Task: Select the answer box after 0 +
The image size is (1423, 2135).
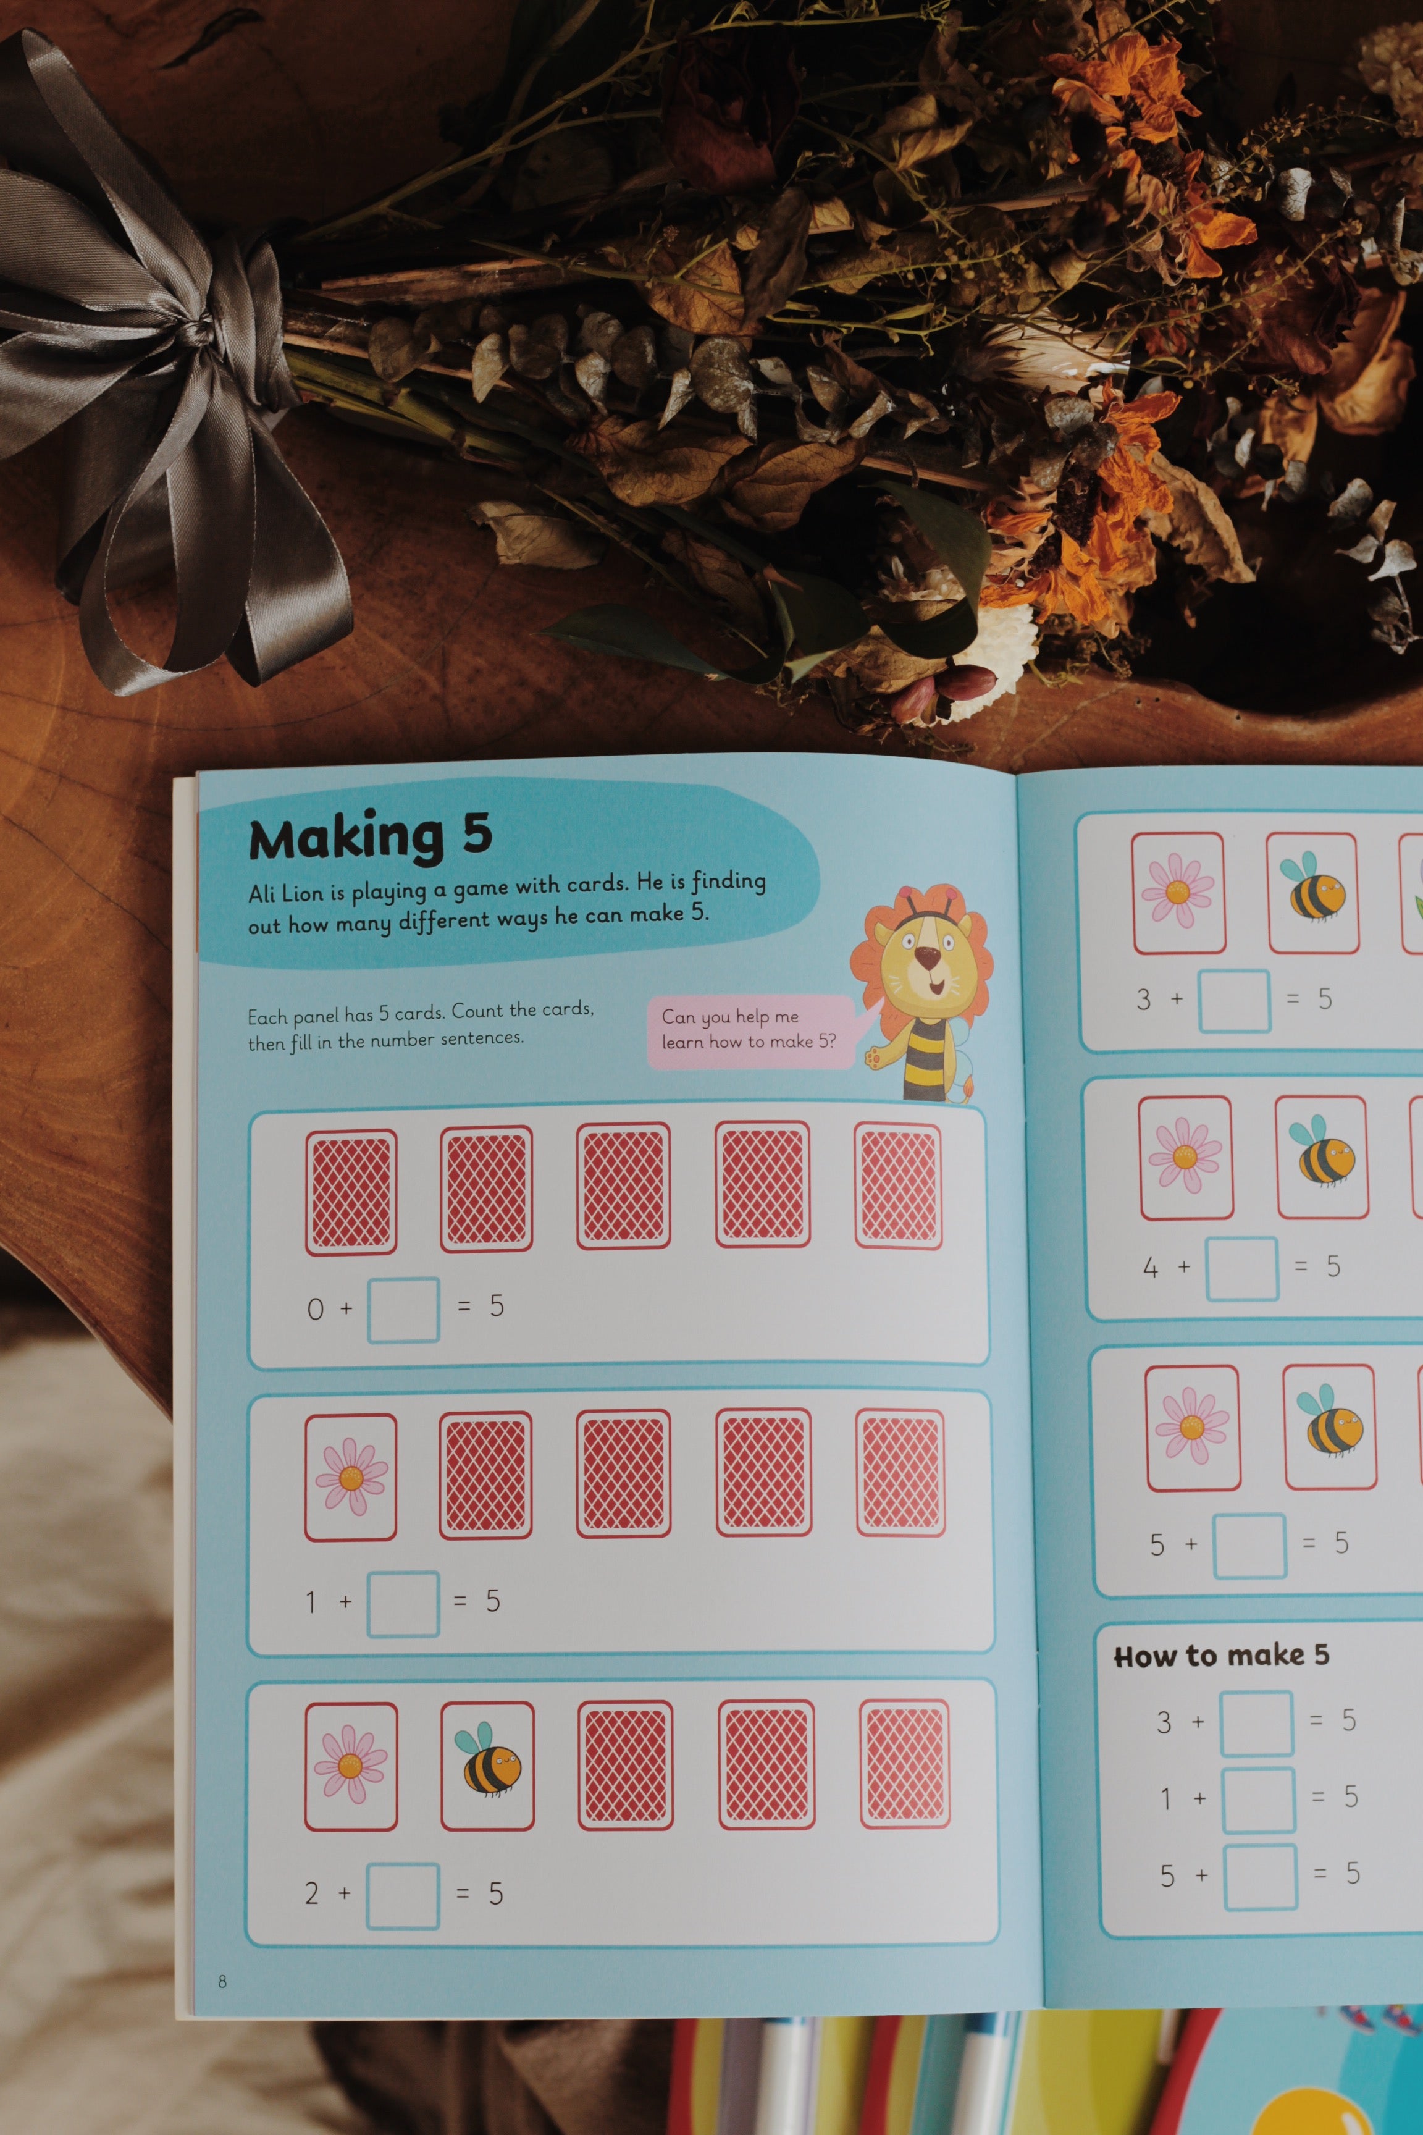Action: coord(403,1310)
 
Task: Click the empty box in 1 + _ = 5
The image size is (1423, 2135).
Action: coord(403,1604)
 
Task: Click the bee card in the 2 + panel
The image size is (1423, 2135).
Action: coord(487,1766)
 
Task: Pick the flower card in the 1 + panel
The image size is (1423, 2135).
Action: coord(350,1477)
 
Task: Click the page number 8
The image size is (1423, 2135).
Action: coord(222,1981)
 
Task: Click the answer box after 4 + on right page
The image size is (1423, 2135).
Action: coord(1241,1267)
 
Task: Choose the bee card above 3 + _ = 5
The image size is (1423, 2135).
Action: coord(1312,893)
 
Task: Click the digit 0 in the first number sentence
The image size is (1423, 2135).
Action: coord(315,1309)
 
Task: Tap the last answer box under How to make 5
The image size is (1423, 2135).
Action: coord(1260,1876)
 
